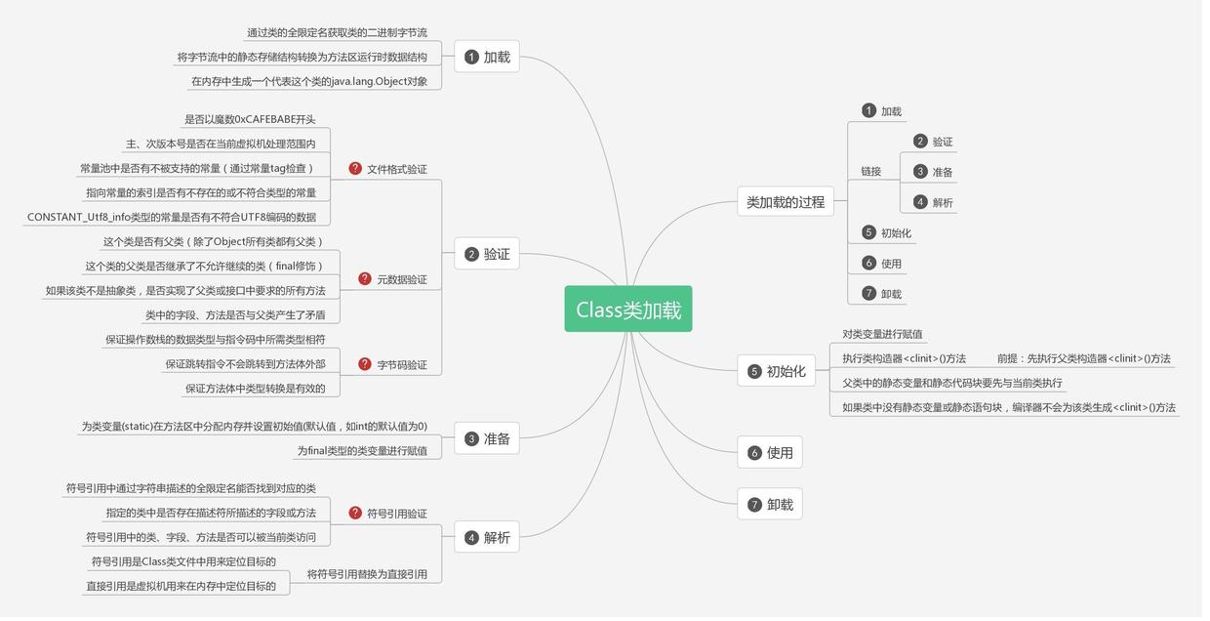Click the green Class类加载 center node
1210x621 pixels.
coord(628,310)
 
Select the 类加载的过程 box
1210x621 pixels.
coord(785,202)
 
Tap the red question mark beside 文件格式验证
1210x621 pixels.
coord(355,169)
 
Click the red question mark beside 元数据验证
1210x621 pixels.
coord(365,279)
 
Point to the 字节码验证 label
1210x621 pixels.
coord(401,365)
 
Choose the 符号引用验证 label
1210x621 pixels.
coord(396,514)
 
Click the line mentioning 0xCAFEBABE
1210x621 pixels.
coord(250,120)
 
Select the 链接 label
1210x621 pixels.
coord(870,172)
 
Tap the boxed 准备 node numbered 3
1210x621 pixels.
coord(487,439)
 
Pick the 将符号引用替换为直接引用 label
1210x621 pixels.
coord(367,574)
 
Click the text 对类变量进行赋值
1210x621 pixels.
coord(882,334)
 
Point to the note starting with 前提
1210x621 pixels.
coord(1083,358)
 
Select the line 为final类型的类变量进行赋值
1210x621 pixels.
coord(362,451)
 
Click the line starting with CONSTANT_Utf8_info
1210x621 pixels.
coord(172,218)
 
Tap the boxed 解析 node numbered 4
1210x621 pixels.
coord(487,538)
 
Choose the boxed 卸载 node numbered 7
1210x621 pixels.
coord(770,505)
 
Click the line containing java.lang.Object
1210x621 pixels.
coord(308,82)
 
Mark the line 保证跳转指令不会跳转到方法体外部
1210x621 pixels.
coord(245,364)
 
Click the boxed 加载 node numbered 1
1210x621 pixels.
coord(487,57)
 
